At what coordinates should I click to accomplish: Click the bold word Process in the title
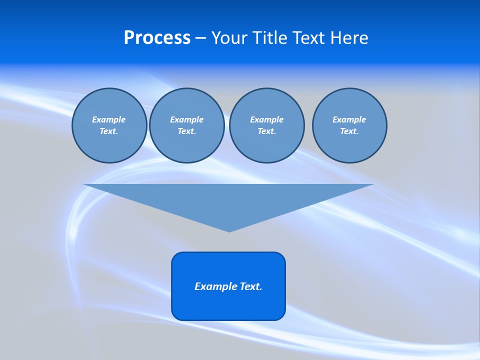(157, 38)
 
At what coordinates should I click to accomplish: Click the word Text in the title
(308, 38)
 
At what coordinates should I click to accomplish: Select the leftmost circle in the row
(109, 125)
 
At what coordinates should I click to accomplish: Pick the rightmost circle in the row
(349, 125)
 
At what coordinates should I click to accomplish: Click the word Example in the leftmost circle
(108, 119)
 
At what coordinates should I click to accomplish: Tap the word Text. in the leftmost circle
(108, 131)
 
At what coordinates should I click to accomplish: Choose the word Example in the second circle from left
(186, 119)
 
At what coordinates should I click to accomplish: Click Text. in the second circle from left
(186, 131)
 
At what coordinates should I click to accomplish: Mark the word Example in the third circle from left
(266, 119)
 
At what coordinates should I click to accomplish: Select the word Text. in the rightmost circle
(349, 131)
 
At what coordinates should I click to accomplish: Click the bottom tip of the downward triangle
(229, 230)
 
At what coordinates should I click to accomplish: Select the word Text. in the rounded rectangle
(251, 286)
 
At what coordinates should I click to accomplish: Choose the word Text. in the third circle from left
(266, 131)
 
